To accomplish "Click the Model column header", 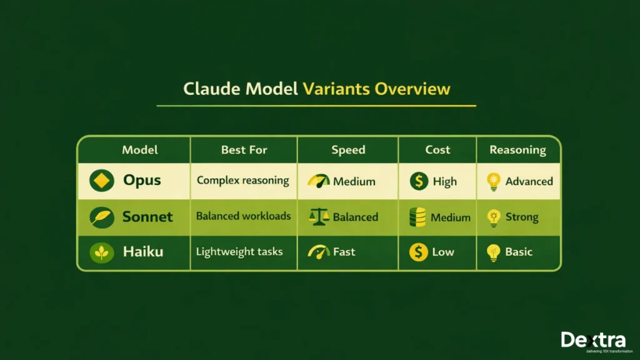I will coord(140,150).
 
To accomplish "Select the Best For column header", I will coord(244,150).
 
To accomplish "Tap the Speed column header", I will coord(348,150).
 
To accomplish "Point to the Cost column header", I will coord(437,150).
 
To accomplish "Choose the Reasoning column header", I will coord(517,150).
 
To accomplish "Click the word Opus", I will coord(142,181).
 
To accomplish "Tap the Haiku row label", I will coord(143,252).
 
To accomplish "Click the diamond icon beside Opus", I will coord(100,181).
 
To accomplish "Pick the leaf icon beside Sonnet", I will coord(100,217).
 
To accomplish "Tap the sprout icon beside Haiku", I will coord(100,252).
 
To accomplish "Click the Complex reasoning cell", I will coord(243,181).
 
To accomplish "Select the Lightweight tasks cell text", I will coord(239,252).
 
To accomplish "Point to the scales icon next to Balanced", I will coord(319,217).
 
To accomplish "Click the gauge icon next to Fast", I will coord(319,252).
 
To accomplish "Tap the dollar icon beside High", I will coord(418,181).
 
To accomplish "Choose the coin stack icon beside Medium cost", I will coord(417,217).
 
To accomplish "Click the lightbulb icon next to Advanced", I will coord(494,181).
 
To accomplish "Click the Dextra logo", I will coord(592,340).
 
